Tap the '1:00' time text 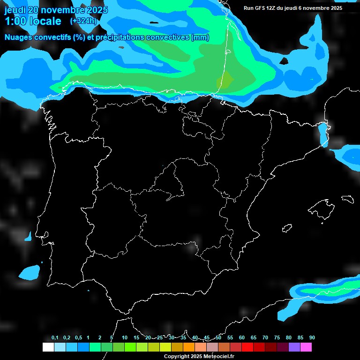(x=16, y=21)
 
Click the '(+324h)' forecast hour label (x=83, y=21)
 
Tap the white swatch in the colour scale (x=48, y=347)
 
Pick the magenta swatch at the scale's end (x=306, y=347)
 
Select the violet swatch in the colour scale (x=294, y=347)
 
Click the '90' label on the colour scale (x=312, y=338)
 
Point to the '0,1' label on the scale (x=55, y=338)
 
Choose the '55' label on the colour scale (x=230, y=338)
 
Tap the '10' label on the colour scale (x=124, y=338)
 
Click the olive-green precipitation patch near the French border (x=226, y=81)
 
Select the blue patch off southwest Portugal (x=30, y=272)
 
